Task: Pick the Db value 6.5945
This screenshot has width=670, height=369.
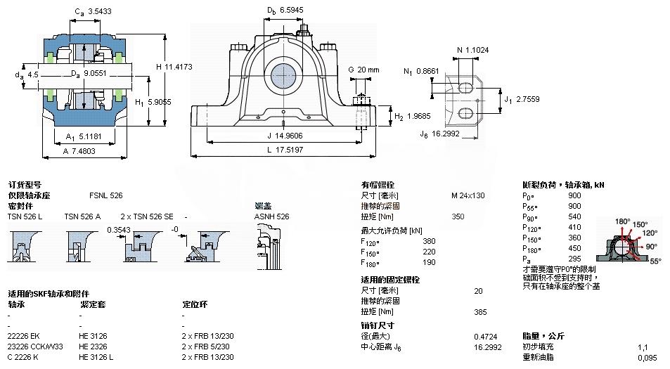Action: [293, 11]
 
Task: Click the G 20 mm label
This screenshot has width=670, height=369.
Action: [363, 70]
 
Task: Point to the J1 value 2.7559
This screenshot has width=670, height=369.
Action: [527, 100]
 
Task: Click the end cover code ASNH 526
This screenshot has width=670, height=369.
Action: [271, 216]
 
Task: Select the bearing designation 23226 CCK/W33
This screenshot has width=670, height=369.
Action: [35, 347]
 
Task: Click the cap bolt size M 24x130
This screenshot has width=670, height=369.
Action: [468, 195]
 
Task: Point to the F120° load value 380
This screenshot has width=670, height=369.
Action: [429, 241]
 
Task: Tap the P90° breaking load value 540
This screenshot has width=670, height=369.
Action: [574, 217]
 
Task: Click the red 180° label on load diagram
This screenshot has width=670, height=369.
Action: [623, 221]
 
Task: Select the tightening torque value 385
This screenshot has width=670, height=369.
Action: [481, 311]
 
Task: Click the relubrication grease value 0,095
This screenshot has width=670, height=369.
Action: [647, 358]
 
